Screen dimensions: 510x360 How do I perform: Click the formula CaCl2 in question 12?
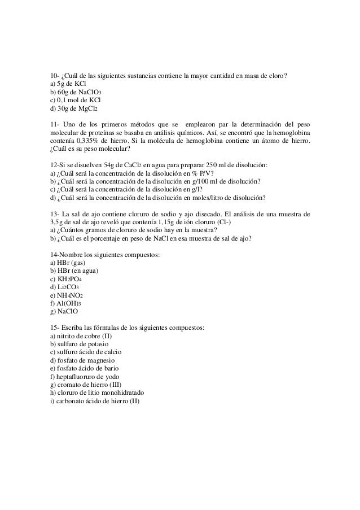tap(122, 165)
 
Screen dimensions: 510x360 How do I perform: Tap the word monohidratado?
tap(119, 393)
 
